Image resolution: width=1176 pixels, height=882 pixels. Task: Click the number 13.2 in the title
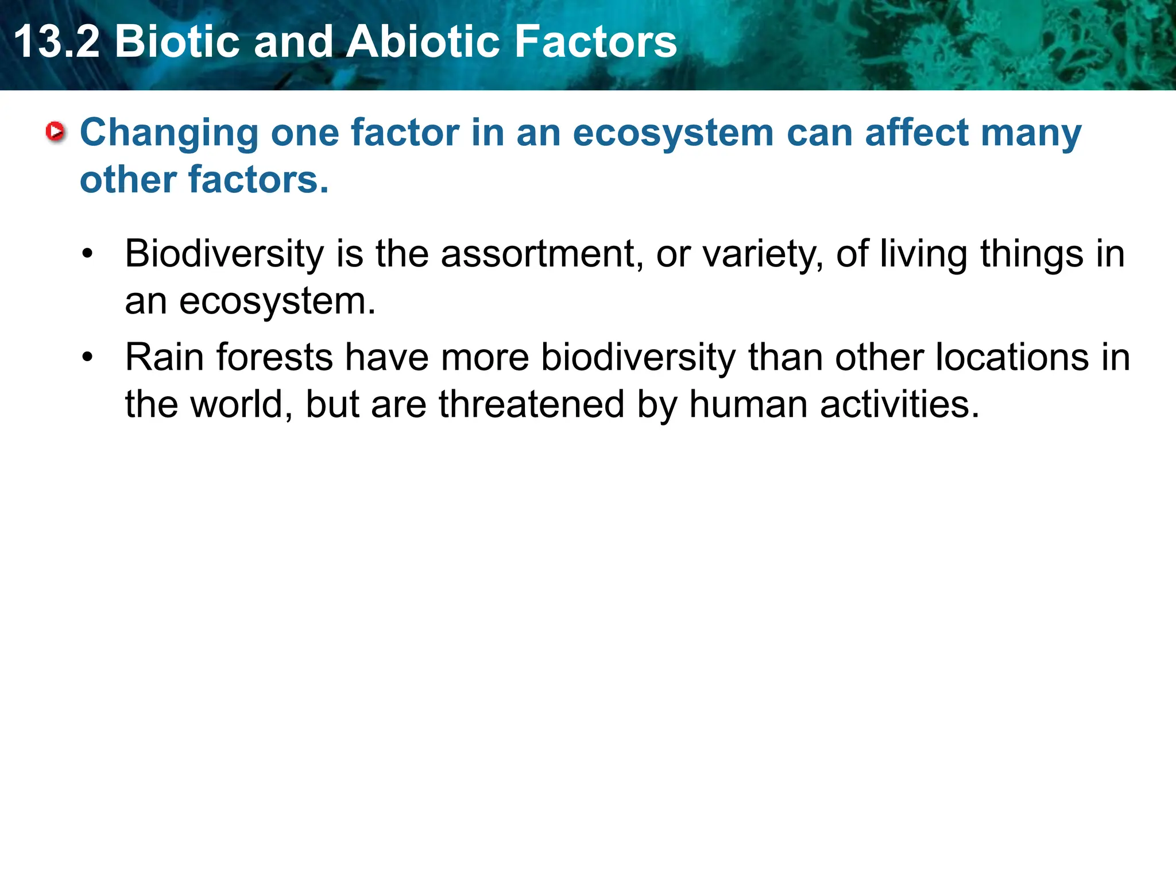pos(56,41)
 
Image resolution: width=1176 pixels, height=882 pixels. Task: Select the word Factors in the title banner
pos(595,41)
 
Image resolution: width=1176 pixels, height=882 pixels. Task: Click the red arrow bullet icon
pos(56,132)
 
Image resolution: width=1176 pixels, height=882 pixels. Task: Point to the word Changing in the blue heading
pos(169,133)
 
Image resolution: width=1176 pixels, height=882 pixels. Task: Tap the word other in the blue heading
pos(127,180)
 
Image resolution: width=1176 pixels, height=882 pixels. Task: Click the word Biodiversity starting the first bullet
pos(225,254)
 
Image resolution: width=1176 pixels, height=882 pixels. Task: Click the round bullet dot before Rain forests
pos(87,357)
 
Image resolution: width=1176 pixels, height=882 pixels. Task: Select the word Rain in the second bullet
pos(164,357)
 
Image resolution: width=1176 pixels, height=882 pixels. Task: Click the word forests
pos(274,357)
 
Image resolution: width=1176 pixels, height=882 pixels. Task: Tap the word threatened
pos(532,404)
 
